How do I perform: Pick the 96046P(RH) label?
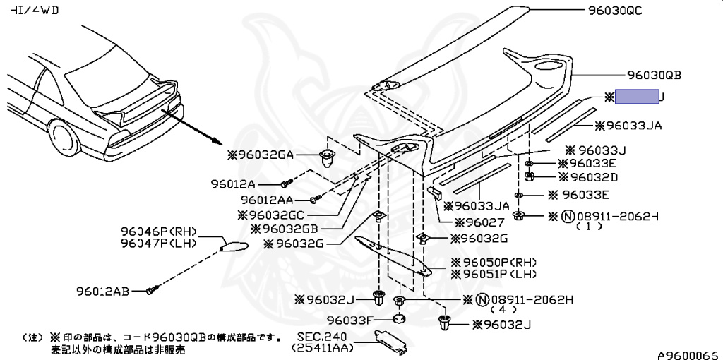click(x=157, y=232)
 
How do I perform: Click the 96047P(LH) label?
click(x=157, y=244)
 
